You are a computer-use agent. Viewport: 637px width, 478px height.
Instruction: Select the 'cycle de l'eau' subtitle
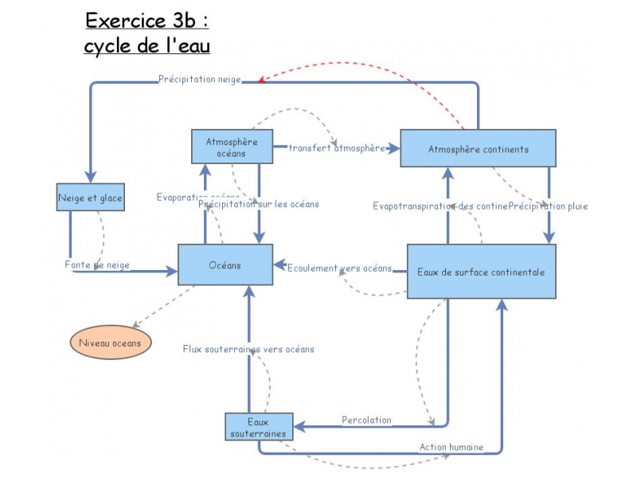point(147,46)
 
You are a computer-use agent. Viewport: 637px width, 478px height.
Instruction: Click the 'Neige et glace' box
point(91,198)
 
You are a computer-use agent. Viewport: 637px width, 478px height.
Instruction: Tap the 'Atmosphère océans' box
point(232,147)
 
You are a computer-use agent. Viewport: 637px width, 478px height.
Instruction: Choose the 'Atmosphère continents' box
point(478,149)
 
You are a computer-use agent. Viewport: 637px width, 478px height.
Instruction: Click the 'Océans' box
point(225,264)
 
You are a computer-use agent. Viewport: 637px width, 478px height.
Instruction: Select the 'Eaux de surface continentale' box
point(481,272)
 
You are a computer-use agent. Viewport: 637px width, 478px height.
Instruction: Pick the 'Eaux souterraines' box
point(258,427)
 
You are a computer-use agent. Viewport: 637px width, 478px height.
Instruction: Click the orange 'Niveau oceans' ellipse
point(110,343)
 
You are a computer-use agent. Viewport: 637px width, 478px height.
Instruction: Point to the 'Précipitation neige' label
point(199,80)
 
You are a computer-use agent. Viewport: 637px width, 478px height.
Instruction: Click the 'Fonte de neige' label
point(97,264)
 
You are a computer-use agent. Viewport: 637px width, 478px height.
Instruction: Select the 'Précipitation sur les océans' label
point(259,204)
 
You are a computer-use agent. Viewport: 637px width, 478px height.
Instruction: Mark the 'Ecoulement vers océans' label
point(339,268)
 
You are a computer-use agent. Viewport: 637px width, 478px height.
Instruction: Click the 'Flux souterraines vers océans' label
point(248,349)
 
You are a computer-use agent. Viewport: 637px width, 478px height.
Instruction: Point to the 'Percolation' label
point(366,420)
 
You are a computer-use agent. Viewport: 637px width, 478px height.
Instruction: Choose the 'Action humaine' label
point(451,447)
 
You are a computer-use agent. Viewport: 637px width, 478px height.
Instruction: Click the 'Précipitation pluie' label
point(549,206)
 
